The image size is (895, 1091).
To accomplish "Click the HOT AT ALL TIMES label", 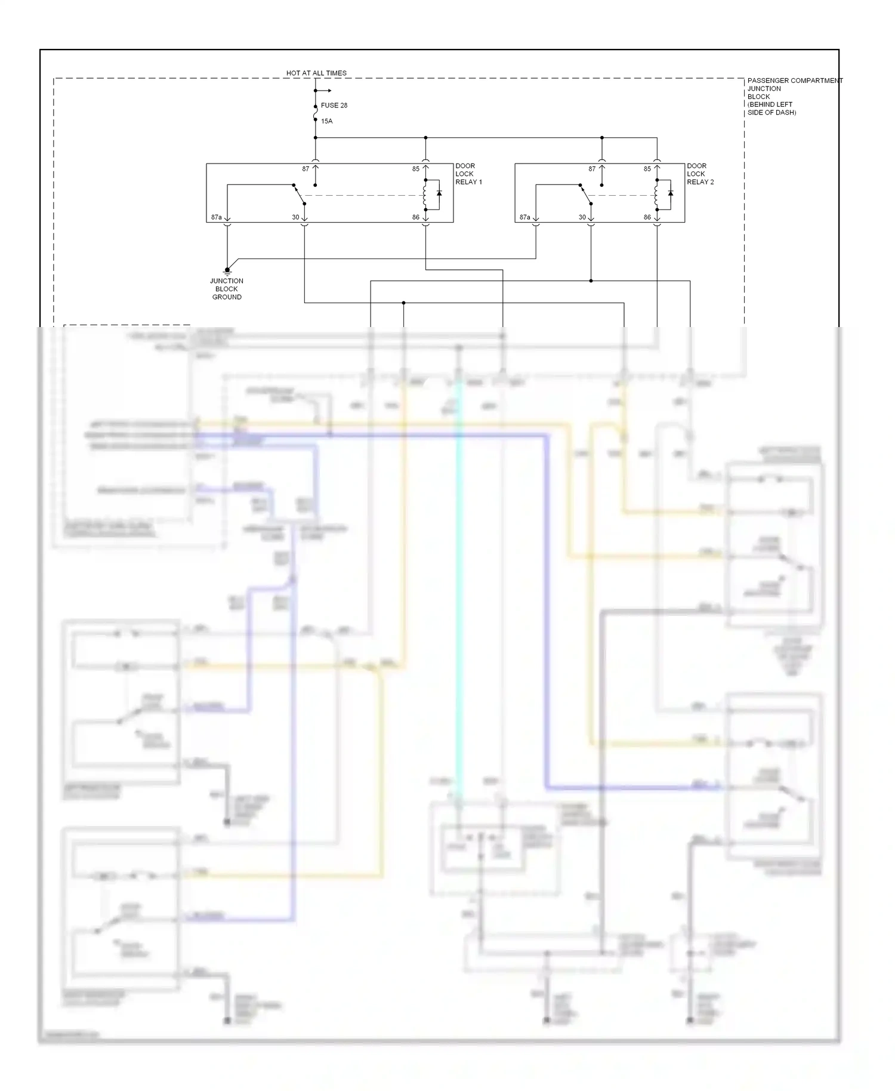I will coord(316,73).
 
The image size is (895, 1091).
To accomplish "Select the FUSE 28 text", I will coord(334,106).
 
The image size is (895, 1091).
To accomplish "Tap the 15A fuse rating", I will coord(326,121).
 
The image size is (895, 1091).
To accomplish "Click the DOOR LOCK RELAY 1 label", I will coord(468,174).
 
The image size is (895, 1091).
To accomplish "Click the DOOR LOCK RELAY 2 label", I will coord(700,174).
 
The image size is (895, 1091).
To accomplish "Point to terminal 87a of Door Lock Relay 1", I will coord(216,217).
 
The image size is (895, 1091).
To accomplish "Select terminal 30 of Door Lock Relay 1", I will coord(295,217).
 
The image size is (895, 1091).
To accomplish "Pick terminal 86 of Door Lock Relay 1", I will coord(416,217).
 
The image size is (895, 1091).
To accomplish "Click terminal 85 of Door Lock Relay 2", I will coord(647,169).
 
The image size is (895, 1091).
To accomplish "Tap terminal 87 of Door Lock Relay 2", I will coord(592,169).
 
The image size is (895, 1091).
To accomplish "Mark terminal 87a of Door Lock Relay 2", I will coord(524,217).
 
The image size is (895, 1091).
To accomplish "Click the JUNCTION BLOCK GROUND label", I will coord(227,289).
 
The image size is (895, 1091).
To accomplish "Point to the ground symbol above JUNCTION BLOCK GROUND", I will coord(227,271).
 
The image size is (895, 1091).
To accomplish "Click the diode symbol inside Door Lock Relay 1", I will coord(439,194).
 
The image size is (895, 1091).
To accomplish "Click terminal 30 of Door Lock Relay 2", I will coord(582,217).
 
